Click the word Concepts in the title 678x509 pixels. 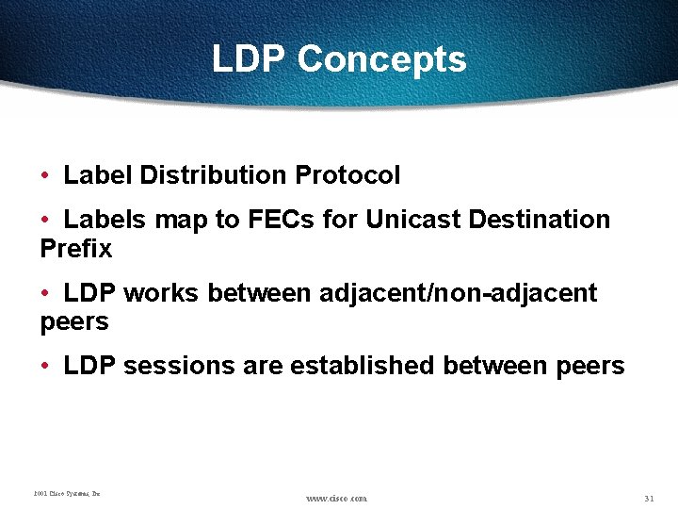(x=381, y=59)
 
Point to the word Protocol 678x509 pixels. (x=347, y=175)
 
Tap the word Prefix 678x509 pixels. (x=76, y=249)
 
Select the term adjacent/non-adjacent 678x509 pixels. (x=458, y=293)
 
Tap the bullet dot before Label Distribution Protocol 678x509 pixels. (x=46, y=176)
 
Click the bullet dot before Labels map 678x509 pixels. (x=46, y=221)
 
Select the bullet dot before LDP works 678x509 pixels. (x=46, y=294)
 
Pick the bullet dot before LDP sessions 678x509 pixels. (x=46, y=367)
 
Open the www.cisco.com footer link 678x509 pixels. (x=336, y=498)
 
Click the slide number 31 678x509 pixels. (x=649, y=498)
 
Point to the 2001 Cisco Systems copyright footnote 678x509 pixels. (x=67, y=493)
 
